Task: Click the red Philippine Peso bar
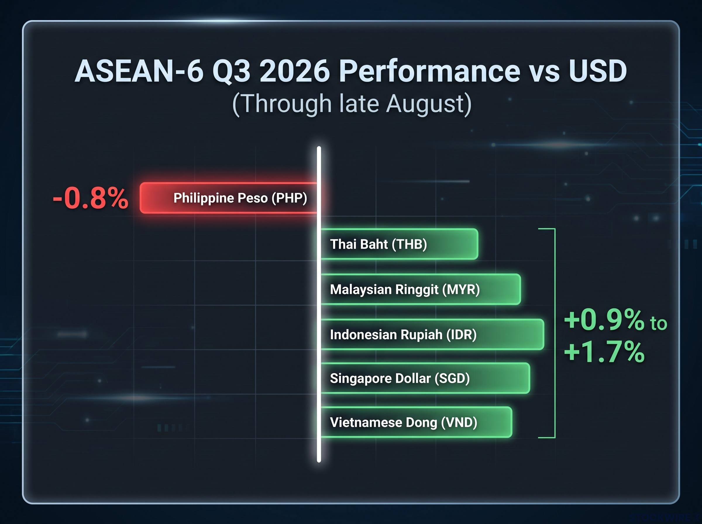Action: [x=229, y=198]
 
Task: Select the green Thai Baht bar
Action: [x=399, y=244]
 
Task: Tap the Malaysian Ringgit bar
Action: [x=421, y=289]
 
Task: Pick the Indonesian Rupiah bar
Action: [x=432, y=334]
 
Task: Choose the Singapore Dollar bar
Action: [x=425, y=378]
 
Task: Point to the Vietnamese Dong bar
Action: [x=416, y=422]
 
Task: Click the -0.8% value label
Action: [x=91, y=198]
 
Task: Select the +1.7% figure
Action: [x=605, y=352]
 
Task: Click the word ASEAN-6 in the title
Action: [x=139, y=71]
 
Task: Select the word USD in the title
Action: [x=598, y=71]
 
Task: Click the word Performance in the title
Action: [x=430, y=71]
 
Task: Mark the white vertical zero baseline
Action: [x=319, y=304]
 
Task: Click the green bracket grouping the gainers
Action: [x=555, y=333]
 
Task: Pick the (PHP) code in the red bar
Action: [x=289, y=198]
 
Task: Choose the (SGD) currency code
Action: [x=452, y=378]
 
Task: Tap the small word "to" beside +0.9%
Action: [x=658, y=323]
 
